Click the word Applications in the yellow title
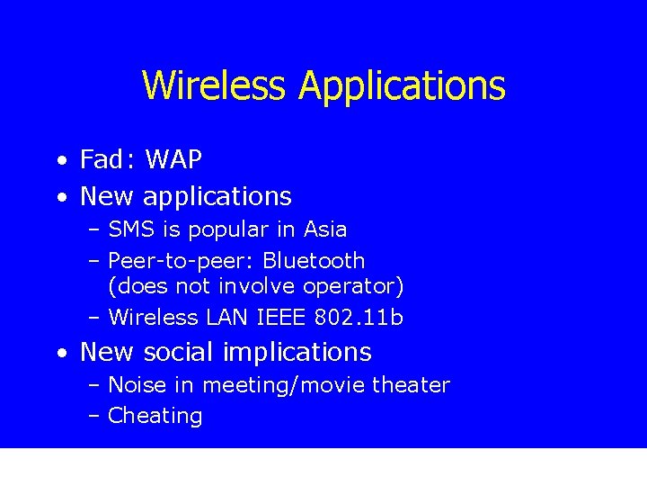(402, 86)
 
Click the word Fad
(102, 160)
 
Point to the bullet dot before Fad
(59, 162)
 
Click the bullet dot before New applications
(59, 197)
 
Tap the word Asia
(325, 229)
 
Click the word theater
(411, 385)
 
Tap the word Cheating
(155, 416)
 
